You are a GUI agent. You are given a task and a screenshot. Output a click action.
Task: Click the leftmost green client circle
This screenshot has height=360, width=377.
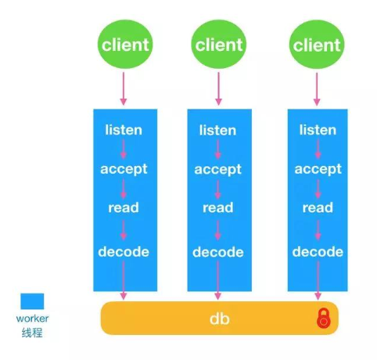(125, 45)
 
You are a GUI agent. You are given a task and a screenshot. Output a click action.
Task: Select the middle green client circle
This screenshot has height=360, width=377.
(219, 45)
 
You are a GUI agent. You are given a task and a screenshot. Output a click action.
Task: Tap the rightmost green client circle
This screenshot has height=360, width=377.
(317, 45)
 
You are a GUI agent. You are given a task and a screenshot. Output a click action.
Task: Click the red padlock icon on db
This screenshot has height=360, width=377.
(324, 319)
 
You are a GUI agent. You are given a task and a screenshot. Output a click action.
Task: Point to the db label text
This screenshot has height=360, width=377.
(220, 319)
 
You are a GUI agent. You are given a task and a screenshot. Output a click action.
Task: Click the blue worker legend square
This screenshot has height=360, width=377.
(32, 301)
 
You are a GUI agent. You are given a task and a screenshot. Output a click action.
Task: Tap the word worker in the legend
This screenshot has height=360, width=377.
(32, 319)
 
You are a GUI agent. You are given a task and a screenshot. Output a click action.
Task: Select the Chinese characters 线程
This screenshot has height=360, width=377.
(32, 333)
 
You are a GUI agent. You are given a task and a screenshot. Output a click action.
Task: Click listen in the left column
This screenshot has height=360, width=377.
(124, 130)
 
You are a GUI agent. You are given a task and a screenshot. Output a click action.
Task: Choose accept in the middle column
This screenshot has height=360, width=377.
(217, 170)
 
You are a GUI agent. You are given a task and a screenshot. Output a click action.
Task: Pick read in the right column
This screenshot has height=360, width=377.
(318, 207)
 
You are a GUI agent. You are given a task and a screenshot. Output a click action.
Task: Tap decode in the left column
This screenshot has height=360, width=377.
(124, 251)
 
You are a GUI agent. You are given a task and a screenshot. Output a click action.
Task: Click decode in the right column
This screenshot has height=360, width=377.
(318, 251)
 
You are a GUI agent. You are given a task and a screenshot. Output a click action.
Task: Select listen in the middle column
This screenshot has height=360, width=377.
(217, 130)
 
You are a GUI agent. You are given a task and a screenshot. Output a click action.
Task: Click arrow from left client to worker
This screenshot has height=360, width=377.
(124, 88)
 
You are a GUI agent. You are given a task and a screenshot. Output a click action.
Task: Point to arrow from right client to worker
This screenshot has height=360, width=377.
(317, 88)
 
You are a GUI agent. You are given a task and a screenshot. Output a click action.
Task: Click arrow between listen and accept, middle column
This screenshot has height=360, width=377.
(217, 149)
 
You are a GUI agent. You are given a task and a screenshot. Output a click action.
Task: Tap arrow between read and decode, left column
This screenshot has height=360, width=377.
(124, 230)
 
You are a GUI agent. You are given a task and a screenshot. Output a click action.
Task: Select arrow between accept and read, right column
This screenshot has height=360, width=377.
(318, 189)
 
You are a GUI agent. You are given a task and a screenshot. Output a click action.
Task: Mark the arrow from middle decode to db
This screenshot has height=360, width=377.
(217, 280)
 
